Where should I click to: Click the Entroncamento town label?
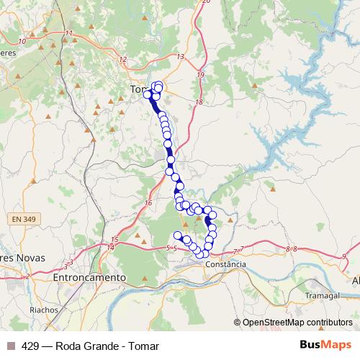click(90, 276)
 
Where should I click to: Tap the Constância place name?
click(225, 264)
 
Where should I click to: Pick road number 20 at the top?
click(206, 1)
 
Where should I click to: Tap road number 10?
click(22, 41)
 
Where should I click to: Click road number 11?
click(69, 35)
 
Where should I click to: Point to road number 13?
click(179, 56)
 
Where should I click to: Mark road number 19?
click(200, 75)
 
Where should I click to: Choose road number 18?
click(199, 103)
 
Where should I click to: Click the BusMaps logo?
click(325, 345)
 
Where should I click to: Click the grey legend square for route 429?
click(11, 346)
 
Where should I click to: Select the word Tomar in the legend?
click(144, 346)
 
